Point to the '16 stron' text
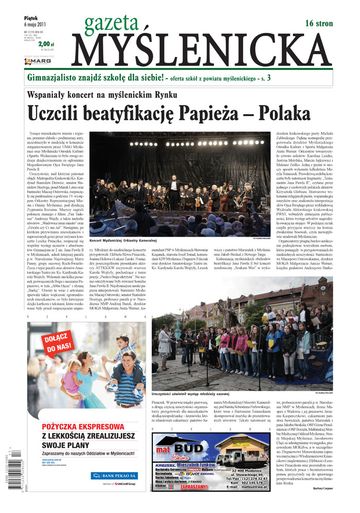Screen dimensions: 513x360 click(x=319, y=23)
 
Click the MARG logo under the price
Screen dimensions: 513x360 click(x=37, y=62)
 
